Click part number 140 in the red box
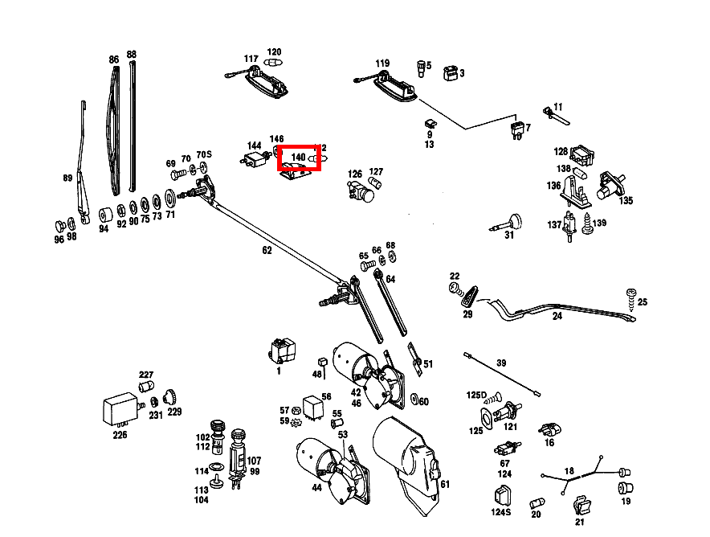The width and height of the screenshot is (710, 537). (298, 157)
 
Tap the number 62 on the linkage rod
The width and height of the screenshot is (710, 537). (267, 250)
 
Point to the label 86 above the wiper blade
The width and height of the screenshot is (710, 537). (114, 59)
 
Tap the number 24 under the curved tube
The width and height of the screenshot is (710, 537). (557, 317)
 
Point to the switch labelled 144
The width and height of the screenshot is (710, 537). (255, 158)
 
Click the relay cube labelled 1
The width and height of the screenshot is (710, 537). (283, 350)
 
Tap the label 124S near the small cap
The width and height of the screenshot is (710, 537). (500, 512)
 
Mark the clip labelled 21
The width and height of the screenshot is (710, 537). (581, 506)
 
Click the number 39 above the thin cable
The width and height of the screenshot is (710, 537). (501, 363)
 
